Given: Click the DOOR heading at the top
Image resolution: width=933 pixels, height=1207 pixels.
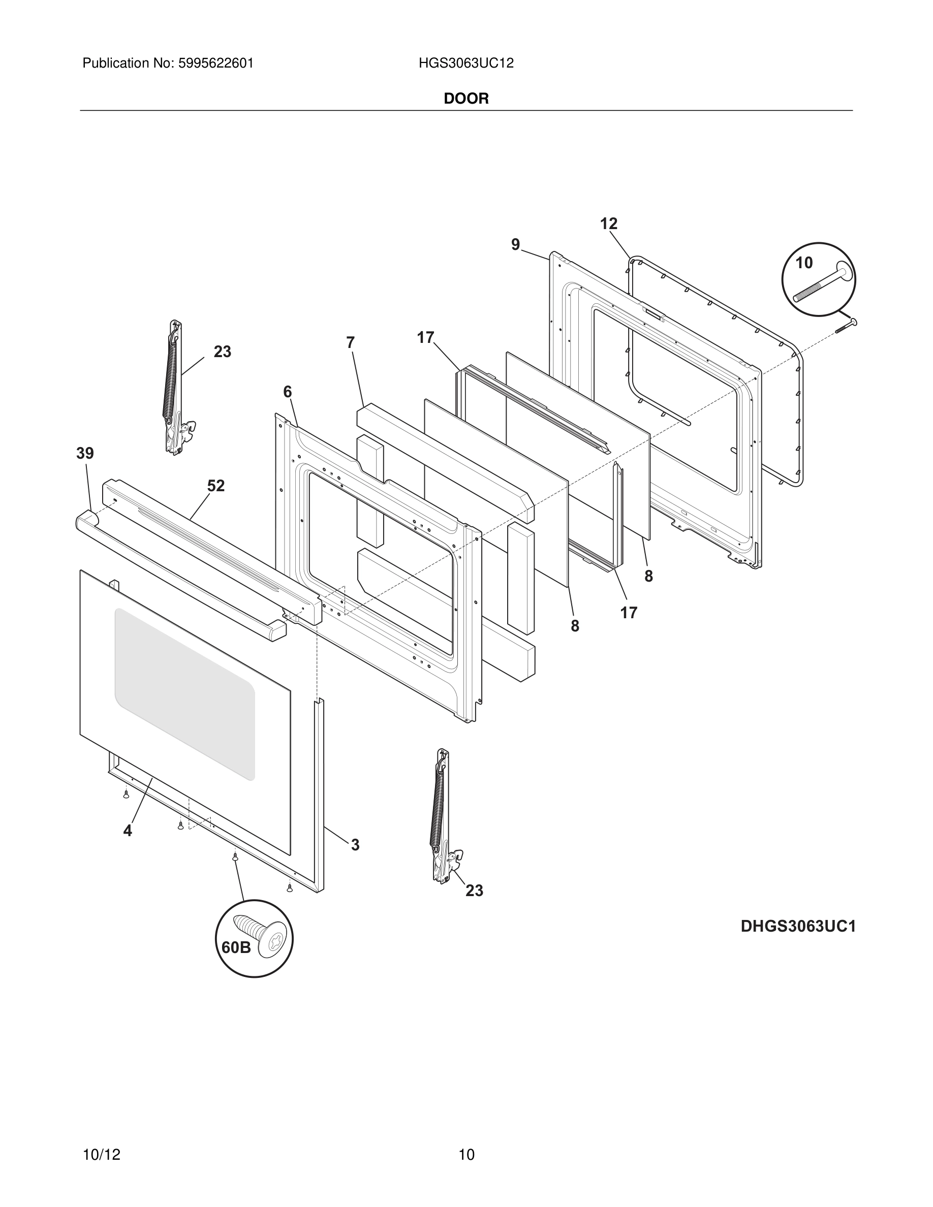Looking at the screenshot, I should pos(466,99).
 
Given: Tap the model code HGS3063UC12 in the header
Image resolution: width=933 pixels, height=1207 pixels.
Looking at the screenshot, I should pos(466,63).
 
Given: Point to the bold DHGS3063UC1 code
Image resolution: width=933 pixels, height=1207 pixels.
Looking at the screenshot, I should pos(798,926).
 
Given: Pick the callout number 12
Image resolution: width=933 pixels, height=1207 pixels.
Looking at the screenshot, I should pos(609,224).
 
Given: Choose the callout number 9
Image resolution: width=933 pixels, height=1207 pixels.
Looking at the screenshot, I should pos(515,244).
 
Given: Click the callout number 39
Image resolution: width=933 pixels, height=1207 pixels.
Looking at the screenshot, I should pos(85,454).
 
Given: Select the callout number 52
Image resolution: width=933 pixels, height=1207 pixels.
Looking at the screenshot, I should pos(216,486).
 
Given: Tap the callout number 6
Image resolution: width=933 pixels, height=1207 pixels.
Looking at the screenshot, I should pos(288,392).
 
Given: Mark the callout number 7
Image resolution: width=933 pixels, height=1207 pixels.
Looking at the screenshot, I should pos(350,343).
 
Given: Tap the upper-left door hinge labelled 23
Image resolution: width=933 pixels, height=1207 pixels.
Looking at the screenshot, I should pos(175,387).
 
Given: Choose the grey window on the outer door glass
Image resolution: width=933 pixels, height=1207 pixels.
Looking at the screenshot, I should pos(184,693).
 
